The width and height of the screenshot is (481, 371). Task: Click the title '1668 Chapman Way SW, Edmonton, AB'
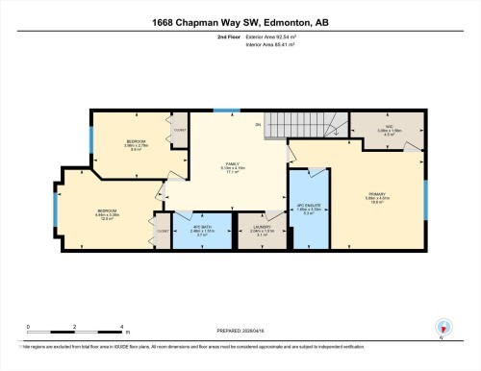tap(240, 20)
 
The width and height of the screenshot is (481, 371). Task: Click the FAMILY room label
tap(232, 165)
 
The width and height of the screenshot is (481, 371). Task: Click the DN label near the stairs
tap(258, 126)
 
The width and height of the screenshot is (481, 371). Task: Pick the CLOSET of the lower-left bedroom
tap(161, 232)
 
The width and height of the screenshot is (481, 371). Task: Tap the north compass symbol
tap(442, 328)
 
